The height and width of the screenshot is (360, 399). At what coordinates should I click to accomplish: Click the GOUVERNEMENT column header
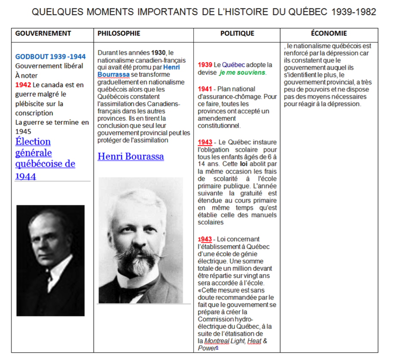43,34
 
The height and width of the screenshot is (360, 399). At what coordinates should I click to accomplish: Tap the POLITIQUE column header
237,34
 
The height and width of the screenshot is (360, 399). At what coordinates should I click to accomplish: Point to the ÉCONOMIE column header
329,34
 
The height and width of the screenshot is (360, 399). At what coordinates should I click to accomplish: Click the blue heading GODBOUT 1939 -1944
50,57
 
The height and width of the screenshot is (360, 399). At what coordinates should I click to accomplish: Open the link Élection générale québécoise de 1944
45,159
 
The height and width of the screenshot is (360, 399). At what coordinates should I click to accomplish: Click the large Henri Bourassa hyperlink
131,156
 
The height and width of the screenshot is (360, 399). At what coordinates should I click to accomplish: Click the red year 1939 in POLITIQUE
205,65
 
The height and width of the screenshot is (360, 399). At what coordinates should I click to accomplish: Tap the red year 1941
205,89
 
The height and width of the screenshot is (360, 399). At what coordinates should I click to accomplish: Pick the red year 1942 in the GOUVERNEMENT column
23,85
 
